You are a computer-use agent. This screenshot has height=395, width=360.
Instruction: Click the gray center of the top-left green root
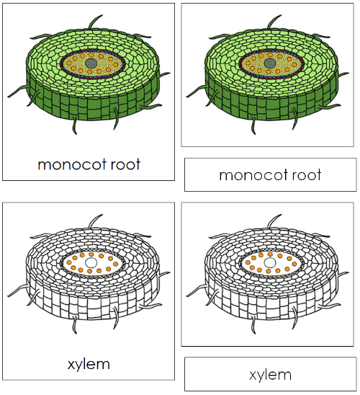tap(91, 64)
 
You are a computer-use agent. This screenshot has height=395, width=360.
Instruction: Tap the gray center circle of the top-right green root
tap(269, 64)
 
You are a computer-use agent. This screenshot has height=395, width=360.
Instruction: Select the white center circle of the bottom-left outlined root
tap(91, 264)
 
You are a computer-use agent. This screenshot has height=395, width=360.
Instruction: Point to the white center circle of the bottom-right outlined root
tap(269, 264)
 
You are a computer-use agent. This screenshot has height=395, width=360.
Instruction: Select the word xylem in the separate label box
tap(270, 375)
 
